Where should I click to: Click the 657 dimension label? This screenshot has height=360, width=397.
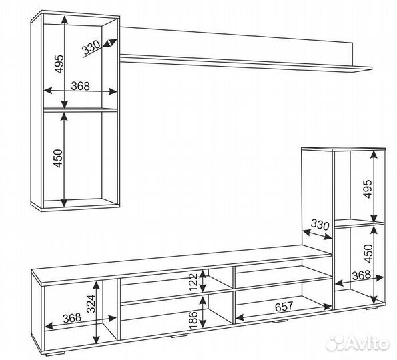(284, 307)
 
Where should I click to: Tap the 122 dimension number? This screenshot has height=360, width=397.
(193, 282)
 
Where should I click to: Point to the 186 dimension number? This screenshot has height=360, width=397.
(193, 320)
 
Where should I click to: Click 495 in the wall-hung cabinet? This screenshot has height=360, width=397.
(60, 64)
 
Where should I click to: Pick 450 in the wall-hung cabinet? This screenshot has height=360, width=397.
(58, 159)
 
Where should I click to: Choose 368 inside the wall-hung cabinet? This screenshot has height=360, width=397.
(81, 86)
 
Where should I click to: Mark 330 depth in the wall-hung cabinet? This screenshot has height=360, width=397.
(91, 47)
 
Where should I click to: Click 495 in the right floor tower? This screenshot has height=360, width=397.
(368, 189)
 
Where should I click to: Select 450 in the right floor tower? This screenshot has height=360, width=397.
(368, 253)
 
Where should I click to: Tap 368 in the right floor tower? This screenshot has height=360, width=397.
(362, 275)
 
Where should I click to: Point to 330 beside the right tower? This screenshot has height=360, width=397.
(320, 225)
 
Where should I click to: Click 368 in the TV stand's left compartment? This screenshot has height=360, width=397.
(72, 318)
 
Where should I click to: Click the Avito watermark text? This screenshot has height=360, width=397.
(368, 344)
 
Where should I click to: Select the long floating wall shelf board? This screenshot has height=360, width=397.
(246, 62)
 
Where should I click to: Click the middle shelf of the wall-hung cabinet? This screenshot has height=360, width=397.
(81, 110)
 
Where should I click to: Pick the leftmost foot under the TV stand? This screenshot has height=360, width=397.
(56, 353)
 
